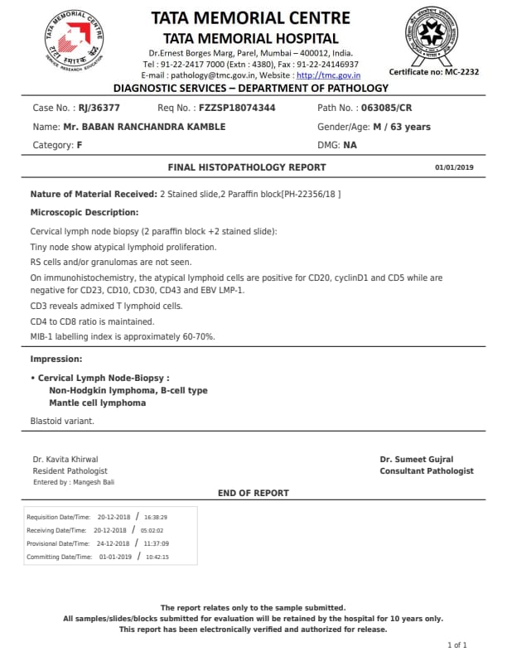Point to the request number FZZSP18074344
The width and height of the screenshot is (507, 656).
pos(237,109)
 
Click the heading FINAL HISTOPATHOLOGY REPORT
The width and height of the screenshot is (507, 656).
pos(247,167)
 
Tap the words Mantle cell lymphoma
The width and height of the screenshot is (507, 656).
pos(97,403)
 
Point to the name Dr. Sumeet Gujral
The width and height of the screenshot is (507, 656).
pos(417,460)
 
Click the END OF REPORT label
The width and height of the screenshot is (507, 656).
pos(254,493)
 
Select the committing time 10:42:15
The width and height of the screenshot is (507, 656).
pos(157,557)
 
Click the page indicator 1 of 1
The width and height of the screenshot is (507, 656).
pos(457,644)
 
